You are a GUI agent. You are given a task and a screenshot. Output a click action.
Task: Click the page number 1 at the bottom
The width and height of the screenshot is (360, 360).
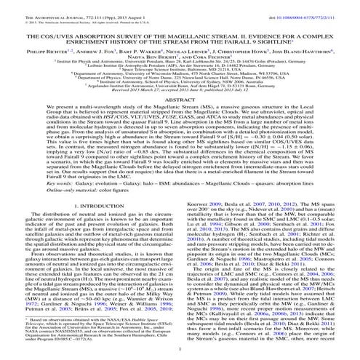180,353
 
